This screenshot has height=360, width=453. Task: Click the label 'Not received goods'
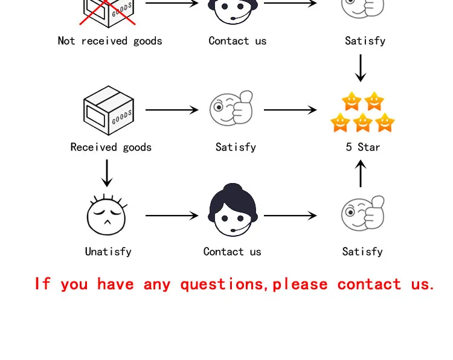tap(110, 41)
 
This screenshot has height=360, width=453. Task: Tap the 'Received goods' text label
tap(111, 147)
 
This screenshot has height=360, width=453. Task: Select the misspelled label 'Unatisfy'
tap(108, 252)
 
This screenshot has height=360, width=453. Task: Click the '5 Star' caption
tap(363, 147)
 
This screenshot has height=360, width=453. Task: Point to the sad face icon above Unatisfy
tap(106, 214)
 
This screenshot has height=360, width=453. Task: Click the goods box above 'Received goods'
tap(109, 111)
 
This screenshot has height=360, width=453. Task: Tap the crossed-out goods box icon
tap(108, 13)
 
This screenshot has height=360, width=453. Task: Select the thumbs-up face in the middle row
tap(231, 108)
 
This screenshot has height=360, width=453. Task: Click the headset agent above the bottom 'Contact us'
tap(233, 210)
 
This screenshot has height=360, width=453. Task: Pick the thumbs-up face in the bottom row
tap(363, 213)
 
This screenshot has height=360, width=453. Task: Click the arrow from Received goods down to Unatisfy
tap(107, 173)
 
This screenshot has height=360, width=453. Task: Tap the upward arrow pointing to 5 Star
tap(361, 173)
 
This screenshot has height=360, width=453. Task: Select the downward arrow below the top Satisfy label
tap(361, 68)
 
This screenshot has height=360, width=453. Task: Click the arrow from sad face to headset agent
tap(172, 216)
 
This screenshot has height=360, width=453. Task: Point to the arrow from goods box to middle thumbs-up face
tap(172, 110)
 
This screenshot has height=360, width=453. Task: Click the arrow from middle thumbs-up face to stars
tap(291, 110)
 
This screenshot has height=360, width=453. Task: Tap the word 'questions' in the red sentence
tap(222, 284)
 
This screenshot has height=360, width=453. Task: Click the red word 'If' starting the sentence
tap(43, 283)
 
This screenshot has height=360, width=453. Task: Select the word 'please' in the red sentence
tap(300, 284)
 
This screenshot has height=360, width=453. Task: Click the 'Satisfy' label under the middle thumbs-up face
tap(236, 147)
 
